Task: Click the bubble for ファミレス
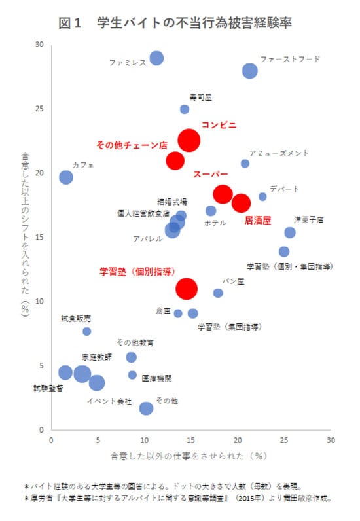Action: (156, 58)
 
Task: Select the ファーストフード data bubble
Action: (250, 71)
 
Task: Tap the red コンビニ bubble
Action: (189, 139)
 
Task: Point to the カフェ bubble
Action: (66, 177)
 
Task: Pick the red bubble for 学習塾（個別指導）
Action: (187, 288)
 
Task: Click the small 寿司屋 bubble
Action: (185, 109)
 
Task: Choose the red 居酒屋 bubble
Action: (242, 203)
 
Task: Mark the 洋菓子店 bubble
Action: (290, 232)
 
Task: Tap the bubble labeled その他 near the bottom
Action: (146, 408)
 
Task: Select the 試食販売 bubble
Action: (87, 331)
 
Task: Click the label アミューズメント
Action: (279, 153)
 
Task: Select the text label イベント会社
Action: (109, 400)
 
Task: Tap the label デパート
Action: (284, 189)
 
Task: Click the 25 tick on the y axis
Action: (39, 109)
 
